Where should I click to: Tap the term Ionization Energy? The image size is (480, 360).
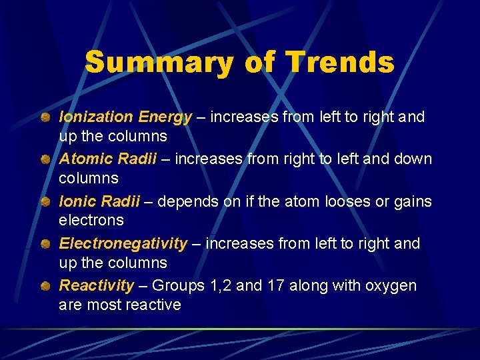tap(125, 117)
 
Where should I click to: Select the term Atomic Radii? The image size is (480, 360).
tap(108, 159)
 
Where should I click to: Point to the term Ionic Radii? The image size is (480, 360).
tap(99, 201)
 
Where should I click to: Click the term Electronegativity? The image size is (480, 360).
tap(123, 243)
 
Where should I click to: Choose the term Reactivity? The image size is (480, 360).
tap(97, 285)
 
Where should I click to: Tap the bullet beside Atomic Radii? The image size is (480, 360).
tap(43, 160)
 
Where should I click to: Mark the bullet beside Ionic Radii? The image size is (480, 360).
tap(43, 202)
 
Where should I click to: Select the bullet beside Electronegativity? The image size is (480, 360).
tap(43, 244)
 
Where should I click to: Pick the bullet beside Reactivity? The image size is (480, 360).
tap(43, 286)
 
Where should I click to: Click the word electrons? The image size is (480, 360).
tap(91, 220)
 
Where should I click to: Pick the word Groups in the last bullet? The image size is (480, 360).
tap(176, 287)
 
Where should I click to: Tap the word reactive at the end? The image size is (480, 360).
tap(153, 305)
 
